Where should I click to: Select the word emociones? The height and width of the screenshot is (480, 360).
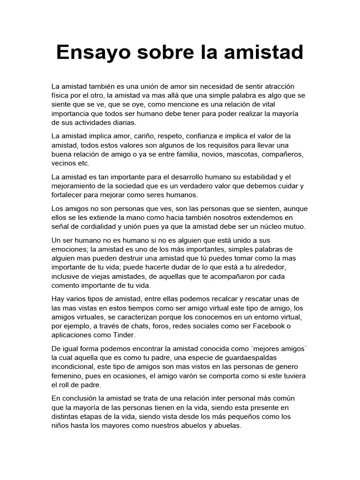coord(70,249)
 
